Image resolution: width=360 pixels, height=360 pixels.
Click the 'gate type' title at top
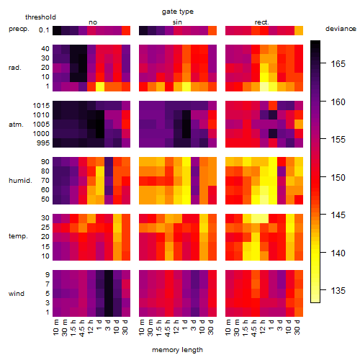pyautogui.click(x=178, y=12)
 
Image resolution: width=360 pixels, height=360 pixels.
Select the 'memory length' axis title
pyautogui.click(x=177, y=350)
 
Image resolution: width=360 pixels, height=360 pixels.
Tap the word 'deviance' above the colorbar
pyautogui.click(x=341, y=29)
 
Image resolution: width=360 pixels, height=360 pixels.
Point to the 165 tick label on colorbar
pyautogui.click(x=338, y=64)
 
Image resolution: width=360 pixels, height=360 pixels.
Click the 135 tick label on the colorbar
pyautogui.click(x=338, y=291)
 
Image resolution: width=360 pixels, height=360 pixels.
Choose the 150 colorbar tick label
pyautogui.click(x=338, y=178)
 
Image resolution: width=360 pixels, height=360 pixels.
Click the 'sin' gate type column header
pyautogui.click(x=177, y=22)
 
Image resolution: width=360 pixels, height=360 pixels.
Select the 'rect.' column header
pyautogui.click(x=261, y=22)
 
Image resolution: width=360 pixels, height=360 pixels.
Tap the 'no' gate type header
pyautogui.click(x=93, y=22)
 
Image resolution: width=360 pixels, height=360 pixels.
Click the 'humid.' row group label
pyautogui.click(x=20, y=181)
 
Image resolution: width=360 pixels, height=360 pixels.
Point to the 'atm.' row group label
pyautogui.click(x=16, y=125)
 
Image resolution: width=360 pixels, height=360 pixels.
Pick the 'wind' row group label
pyautogui.click(x=17, y=294)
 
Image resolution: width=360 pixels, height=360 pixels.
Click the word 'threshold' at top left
pyautogui.click(x=40, y=17)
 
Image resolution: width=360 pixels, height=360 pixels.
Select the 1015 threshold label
pyautogui.click(x=41, y=106)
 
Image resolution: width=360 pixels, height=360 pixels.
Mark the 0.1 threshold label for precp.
pyautogui.click(x=44, y=30)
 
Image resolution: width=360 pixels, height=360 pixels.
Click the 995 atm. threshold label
pyautogui.click(x=43, y=143)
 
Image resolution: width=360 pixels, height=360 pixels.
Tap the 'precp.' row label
pyautogui.click(x=19, y=29)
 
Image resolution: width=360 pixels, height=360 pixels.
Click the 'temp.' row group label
pyautogui.click(x=18, y=236)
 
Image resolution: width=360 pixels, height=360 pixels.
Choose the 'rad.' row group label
pyautogui.click(x=15, y=68)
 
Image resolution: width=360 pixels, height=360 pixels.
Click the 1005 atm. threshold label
pyautogui.click(x=41, y=125)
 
